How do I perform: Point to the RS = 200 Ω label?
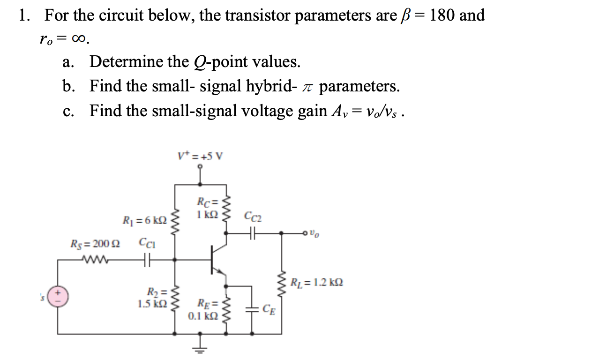click(x=95, y=244)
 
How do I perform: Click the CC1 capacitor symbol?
click(x=146, y=259)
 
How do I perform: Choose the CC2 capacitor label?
click(x=254, y=217)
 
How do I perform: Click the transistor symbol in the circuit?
click(x=218, y=259)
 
